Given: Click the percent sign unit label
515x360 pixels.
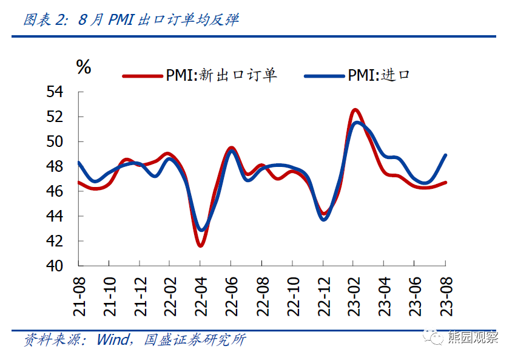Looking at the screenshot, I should point(84,67).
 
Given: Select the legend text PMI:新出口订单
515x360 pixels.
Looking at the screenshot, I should point(221,75).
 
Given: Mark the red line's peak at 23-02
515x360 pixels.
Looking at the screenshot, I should point(355,110).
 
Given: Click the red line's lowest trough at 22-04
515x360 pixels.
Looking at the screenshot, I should point(200,245).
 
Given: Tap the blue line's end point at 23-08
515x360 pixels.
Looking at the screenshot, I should point(446,155).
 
